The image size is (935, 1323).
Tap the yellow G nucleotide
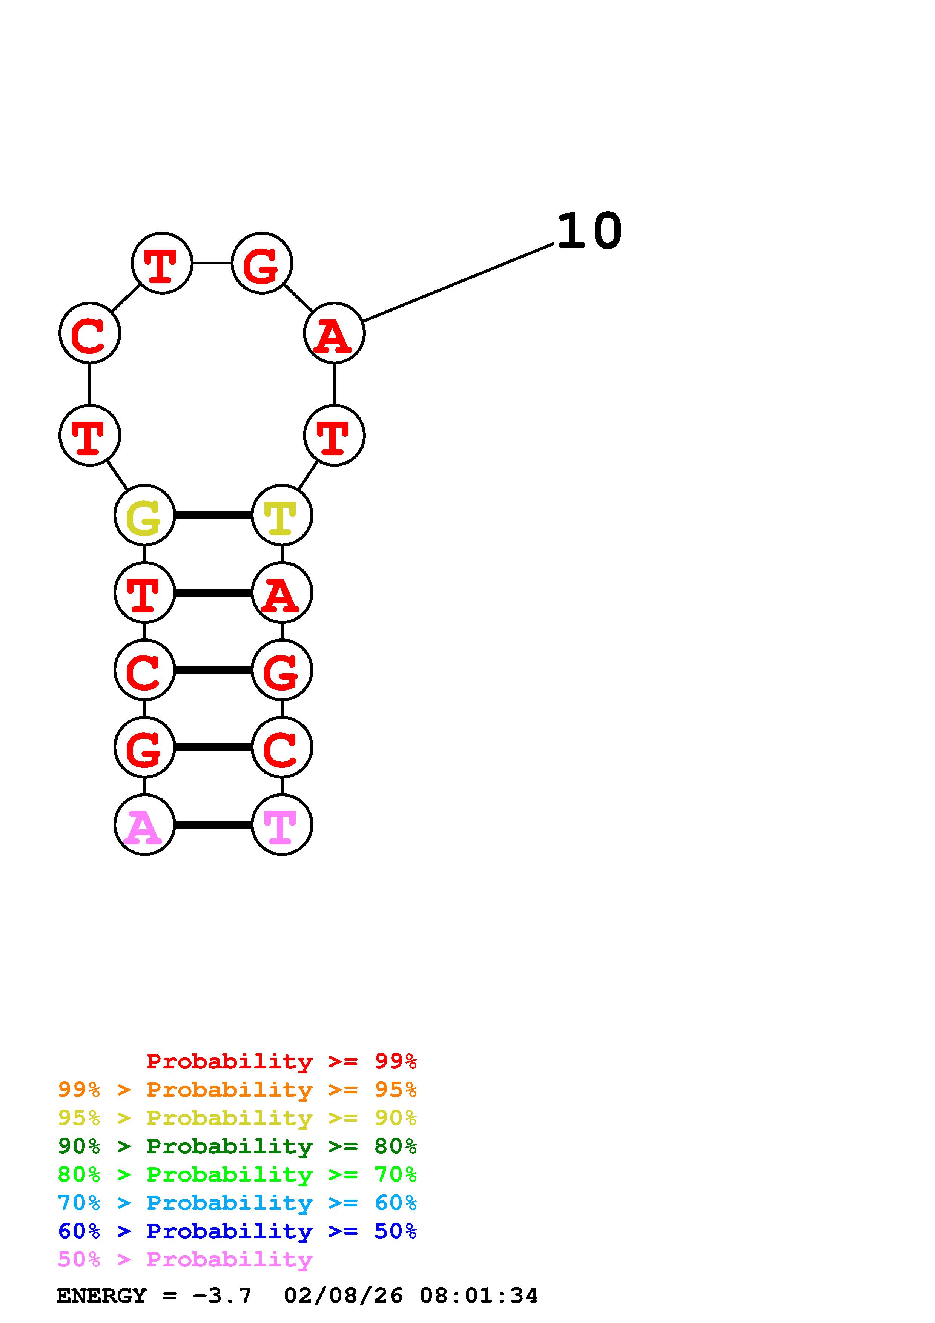pyautogui.click(x=144, y=515)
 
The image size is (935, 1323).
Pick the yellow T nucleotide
pyautogui.click(x=282, y=515)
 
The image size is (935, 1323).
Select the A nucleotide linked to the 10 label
pyautogui.click(x=334, y=333)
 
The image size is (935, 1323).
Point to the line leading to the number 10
pyautogui.click(x=458, y=282)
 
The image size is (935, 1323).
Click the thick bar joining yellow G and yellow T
pyautogui.click(x=213, y=515)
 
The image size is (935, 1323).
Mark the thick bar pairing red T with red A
pyautogui.click(x=213, y=592)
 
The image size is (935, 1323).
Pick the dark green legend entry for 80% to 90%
pyautogui.click(x=237, y=1146)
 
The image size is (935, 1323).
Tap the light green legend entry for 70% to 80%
pyautogui.click(x=237, y=1174)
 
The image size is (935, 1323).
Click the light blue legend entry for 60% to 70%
pyautogui.click(x=237, y=1203)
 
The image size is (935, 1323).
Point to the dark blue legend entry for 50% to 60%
pyautogui.click(x=237, y=1231)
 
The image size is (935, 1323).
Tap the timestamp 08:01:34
pyautogui.click(x=478, y=1295)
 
